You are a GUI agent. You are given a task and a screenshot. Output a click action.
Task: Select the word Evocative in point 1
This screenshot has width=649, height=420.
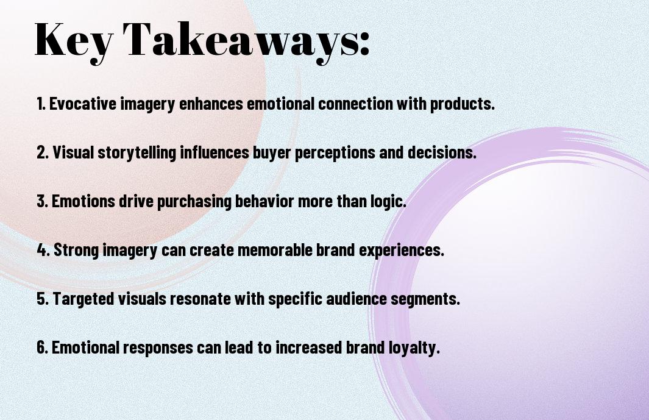coord(83,104)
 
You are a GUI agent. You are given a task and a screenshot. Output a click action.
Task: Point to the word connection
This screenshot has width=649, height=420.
coord(355,104)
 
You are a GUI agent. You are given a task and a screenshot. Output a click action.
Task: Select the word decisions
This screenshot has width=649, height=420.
coord(442,152)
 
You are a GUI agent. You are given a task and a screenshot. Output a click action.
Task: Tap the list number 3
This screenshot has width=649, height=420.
coord(42,201)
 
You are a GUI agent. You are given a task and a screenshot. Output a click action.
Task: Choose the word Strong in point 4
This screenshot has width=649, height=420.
coord(76,250)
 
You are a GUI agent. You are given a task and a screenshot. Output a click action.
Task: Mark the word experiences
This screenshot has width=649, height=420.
coord(401,251)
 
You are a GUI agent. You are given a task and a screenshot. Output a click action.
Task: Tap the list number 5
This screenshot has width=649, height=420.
coord(42,299)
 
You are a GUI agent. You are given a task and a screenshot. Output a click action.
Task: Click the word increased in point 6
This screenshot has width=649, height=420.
coord(309,347)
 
